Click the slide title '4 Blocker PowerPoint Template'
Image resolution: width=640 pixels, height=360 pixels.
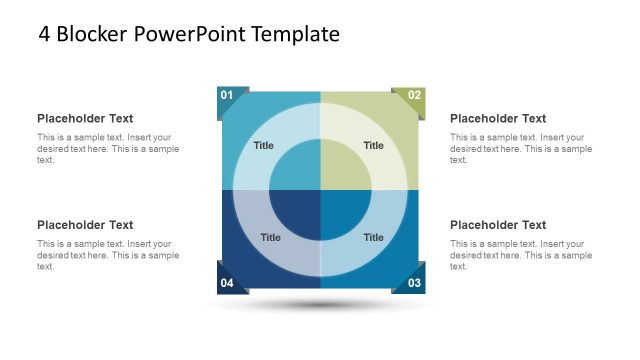189,35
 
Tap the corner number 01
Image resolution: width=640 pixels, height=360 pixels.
227,96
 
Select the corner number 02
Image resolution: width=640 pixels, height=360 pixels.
415,96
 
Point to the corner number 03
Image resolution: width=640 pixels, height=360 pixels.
415,284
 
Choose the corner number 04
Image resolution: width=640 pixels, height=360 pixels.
227,284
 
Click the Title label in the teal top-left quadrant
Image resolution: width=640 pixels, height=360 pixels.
263,146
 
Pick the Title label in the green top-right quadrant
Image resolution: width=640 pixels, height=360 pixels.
373,146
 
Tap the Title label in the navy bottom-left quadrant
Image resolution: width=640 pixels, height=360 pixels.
270,238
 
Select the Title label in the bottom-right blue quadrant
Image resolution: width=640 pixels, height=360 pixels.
373,238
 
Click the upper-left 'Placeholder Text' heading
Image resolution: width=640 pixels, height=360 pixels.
85,119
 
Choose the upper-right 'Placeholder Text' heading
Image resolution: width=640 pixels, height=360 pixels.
498,119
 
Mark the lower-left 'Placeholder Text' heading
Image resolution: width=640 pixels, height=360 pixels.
85,225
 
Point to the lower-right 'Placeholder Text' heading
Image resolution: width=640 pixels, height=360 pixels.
498,225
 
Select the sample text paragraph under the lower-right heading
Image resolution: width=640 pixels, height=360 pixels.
520,255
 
